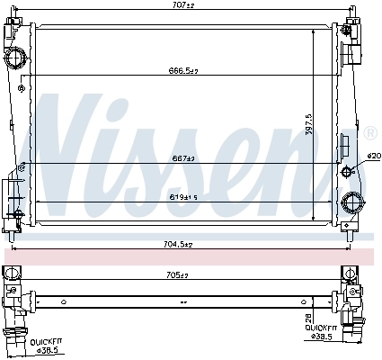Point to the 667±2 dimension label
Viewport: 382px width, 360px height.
pos(184,159)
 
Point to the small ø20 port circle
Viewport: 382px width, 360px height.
pos(347,171)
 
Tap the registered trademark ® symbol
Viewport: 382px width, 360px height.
pos(369,133)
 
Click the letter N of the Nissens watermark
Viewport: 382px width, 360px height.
pos(72,135)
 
